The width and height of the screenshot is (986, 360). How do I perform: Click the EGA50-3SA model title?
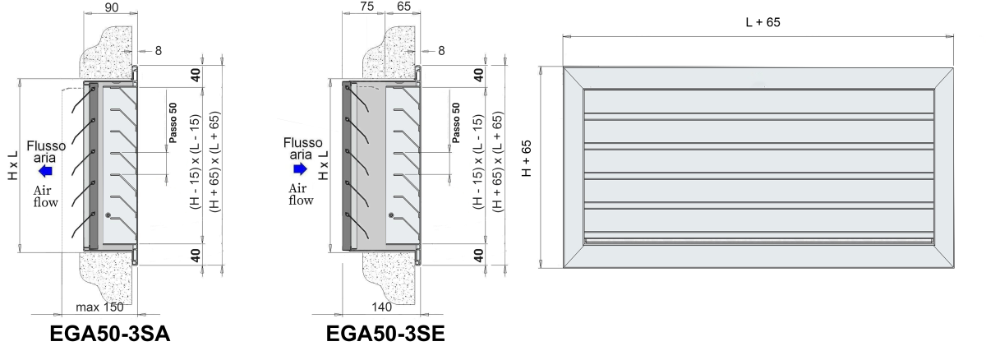[x=110, y=334]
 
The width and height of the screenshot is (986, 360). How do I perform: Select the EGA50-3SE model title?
[x=385, y=334]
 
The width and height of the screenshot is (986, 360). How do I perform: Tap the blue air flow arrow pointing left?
[x=45, y=170]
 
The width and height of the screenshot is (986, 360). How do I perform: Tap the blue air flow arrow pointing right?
[x=300, y=168]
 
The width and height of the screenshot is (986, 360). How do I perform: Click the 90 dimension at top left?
[x=112, y=7]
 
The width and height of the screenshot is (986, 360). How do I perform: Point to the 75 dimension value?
[x=366, y=6]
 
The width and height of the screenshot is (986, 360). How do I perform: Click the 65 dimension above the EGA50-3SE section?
[x=403, y=6]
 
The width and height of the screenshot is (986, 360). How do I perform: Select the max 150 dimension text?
[x=99, y=307]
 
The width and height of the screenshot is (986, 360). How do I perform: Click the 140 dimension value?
[x=381, y=307]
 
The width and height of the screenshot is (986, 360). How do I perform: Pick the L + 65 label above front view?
[x=763, y=22]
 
